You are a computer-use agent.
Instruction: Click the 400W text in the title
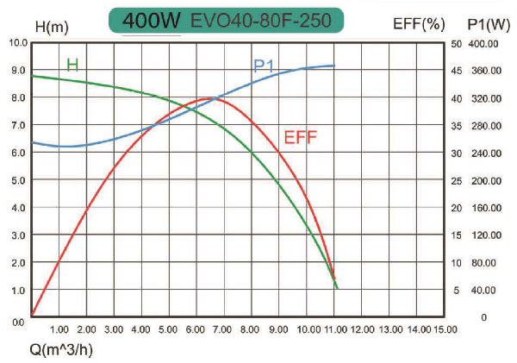[x=151, y=20]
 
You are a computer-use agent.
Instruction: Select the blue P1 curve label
[x=265, y=66]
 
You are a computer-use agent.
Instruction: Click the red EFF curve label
[x=300, y=135]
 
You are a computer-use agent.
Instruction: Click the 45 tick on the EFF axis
[x=457, y=71]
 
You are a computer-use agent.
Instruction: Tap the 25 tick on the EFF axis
[x=457, y=180]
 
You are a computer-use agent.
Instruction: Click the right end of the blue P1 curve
[x=333, y=66]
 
